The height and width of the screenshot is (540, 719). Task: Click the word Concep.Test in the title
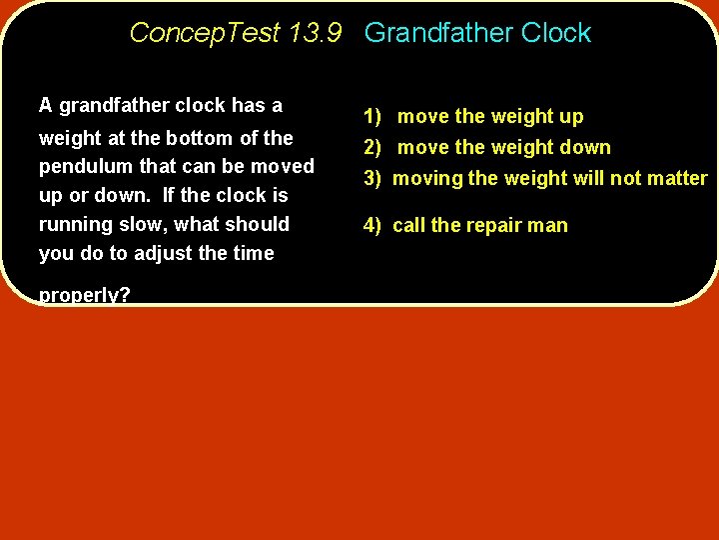(x=205, y=33)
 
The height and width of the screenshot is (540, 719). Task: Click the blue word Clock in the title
(x=556, y=33)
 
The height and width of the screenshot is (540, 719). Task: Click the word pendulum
(x=83, y=167)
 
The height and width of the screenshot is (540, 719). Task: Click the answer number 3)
(x=372, y=179)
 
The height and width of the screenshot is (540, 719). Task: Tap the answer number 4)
(x=372, y=226)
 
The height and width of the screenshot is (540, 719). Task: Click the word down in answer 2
(x=584, y=148)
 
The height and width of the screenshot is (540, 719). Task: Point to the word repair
(x=493, y=226)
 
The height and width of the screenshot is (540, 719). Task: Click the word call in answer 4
(x=409, y=226)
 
